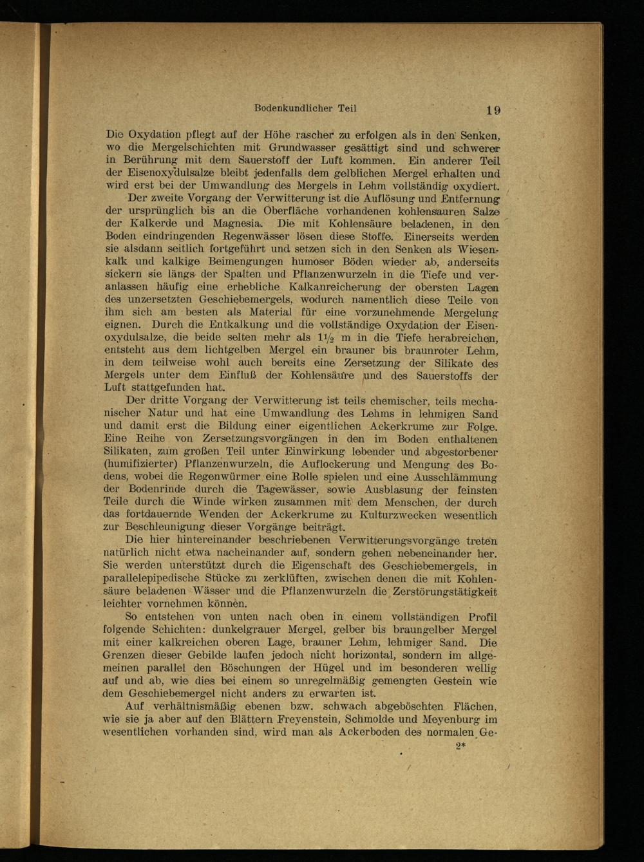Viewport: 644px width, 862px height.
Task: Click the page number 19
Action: [x=493, y=110]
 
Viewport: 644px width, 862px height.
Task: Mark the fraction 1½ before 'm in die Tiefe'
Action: [x=327, y=338]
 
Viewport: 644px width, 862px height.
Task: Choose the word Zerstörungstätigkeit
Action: [x=444, y=592]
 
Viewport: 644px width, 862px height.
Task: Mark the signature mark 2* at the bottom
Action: [x=460, y=746]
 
